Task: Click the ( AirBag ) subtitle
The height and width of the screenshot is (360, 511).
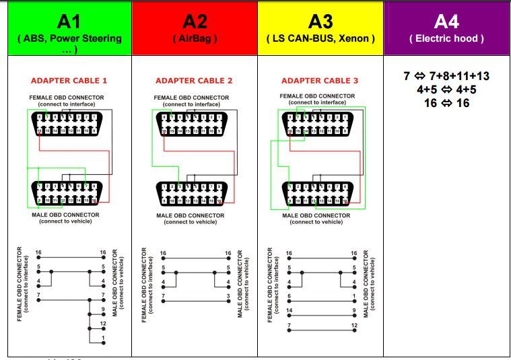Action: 195,38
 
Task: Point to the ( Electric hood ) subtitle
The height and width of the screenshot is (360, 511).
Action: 446,38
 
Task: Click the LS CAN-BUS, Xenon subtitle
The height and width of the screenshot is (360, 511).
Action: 320,38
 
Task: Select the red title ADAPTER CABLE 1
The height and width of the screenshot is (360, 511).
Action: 69,81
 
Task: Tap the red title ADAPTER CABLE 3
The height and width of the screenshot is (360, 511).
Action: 320,81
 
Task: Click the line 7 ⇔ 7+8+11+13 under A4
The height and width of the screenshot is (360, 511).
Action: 446,76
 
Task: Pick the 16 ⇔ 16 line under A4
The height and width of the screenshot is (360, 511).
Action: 446,103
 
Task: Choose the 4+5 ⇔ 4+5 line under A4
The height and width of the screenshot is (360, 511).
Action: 446,89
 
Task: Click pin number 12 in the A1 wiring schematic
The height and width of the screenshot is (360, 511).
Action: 103,324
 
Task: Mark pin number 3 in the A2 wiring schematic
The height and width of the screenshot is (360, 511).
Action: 228,296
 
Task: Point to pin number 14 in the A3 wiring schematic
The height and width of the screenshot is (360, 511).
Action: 289,311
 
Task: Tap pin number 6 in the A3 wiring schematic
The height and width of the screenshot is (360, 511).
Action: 289,296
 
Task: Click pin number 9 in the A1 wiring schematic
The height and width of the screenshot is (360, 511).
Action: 103,310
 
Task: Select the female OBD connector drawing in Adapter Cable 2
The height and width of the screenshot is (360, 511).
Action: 194,124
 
